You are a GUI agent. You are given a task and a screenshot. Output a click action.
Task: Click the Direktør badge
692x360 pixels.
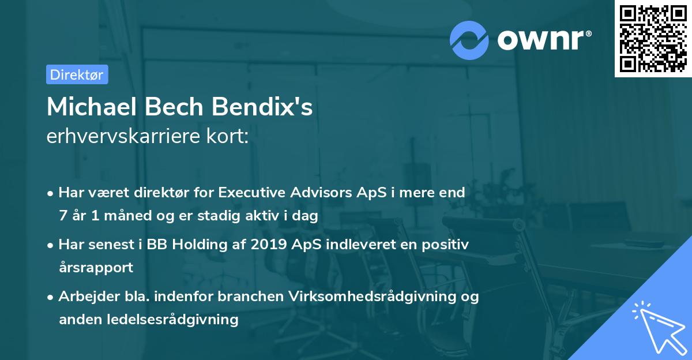pyautogui.click(x=77, y=74)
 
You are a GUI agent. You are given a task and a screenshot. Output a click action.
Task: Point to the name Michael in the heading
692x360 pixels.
pyautogui.click(x=90, y=108)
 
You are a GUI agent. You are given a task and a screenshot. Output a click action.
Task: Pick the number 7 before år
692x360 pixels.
pyautogui.click(x=62, y=216)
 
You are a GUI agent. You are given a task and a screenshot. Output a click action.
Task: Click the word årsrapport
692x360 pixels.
pyautogui.click(x=96, y=268)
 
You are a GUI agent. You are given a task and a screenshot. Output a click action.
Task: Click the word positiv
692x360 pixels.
pyautogui.click(x=446, y=245)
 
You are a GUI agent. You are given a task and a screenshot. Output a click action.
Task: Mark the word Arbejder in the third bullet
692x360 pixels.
pyautogui.click(x=84, y=297)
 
